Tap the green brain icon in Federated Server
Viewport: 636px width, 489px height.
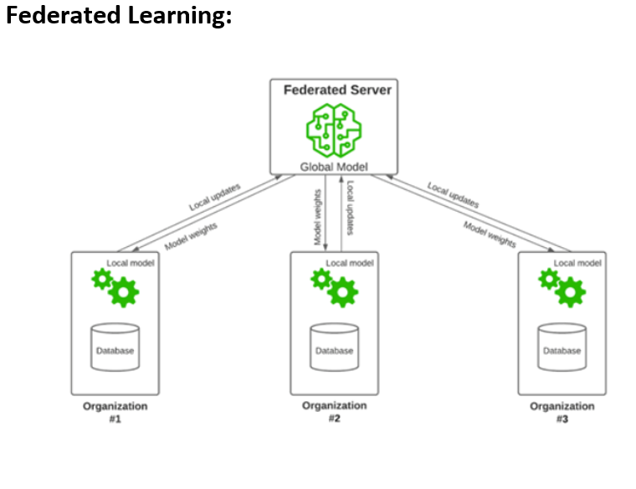tap(333, 129)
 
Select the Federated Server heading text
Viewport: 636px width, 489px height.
tap(337, 90)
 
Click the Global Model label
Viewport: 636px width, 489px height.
tap(334, 167)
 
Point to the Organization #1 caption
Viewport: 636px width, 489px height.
tap(115, 412)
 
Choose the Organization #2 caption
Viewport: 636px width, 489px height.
tap(334, 411)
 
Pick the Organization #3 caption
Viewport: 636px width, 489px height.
tap(562, 412)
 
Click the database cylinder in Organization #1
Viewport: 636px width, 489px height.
tap(115, 347)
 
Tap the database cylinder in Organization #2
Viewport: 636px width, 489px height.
tap(334, 347)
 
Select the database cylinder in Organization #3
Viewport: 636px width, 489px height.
tap(562, 347)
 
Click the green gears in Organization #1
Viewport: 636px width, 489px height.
tap(115, 286)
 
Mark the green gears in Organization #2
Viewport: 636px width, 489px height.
tap(335, 286)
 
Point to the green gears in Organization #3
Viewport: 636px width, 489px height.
tap(562, 286)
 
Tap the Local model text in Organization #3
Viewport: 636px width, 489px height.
tap(577, 263)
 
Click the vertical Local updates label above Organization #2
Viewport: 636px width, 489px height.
tap(350, 208)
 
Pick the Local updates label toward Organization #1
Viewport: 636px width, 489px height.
tap(214, 197)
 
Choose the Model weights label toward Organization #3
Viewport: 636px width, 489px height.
tap(490, 234)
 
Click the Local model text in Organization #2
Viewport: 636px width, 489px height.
tap(350, 263)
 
